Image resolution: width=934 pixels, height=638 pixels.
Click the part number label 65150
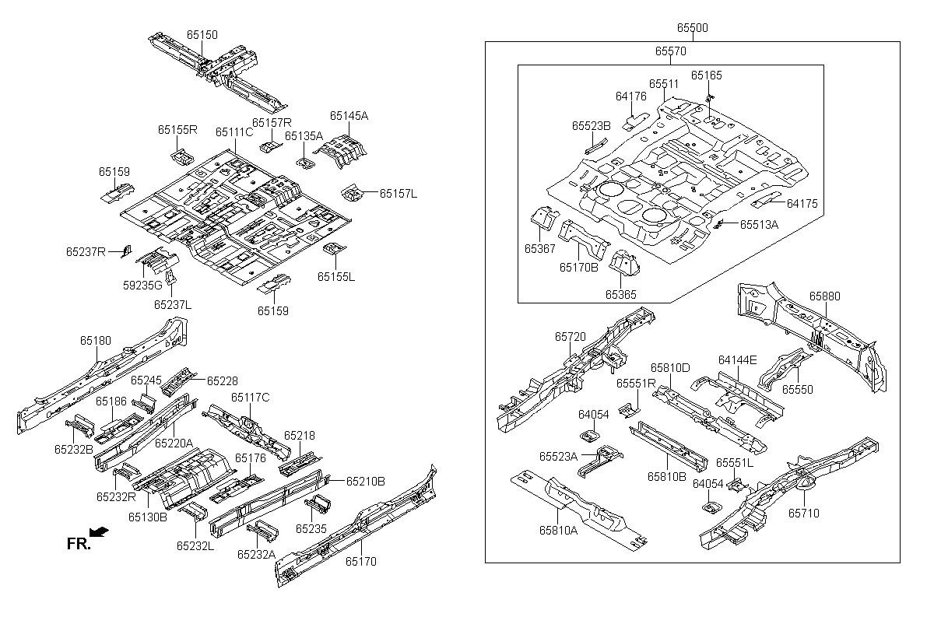click(x=202, y=34)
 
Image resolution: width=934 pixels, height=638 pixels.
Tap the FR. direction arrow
click(x=99, y=531)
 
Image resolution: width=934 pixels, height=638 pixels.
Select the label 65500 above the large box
click(x=693, y=27)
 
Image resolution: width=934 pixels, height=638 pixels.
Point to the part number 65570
click(x=670, y=51)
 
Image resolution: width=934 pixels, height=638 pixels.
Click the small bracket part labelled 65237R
click(x=127, y=251)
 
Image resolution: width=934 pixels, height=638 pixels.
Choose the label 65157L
click(x=399, y=194)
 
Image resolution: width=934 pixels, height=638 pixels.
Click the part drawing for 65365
click(x=624, y=262)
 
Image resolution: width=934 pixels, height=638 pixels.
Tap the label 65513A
click(x=759, y=225)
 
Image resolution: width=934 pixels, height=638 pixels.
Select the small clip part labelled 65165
click(x=709, y=98)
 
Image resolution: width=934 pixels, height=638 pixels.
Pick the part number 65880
click(x=825, y=296)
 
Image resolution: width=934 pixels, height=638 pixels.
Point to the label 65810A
click(x=558, y=530)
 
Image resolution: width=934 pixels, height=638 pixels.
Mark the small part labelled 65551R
click(x=629, y=410)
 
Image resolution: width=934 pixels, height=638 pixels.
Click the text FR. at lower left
click(x=79, y=544)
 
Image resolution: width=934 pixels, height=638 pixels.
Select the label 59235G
click(x=142, y=285)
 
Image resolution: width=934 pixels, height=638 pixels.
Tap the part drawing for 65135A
click(x=306, y=163)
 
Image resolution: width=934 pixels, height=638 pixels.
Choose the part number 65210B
click(x=366, y=482)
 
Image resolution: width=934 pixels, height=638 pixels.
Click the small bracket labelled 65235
click(x=318, y=504)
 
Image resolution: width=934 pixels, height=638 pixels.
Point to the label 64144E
click(x=737, y=359)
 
